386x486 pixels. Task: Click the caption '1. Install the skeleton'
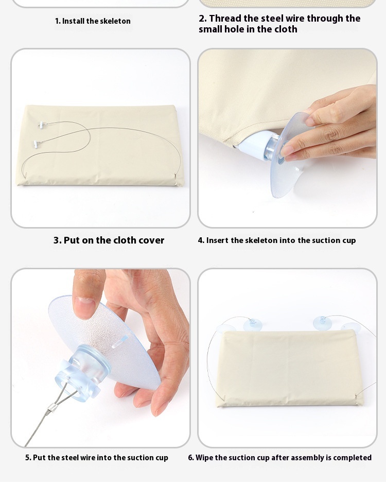[x=93, y=21]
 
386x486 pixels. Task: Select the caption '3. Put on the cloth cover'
[x=109, y=240]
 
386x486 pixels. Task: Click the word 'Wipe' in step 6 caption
[x=203, y=458]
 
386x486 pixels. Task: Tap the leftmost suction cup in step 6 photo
[x=225, y=328]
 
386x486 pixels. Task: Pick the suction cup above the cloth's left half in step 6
[x=253, y=324]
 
